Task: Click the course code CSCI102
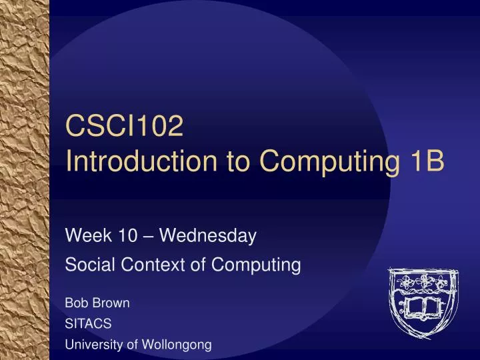(x=125, y=126)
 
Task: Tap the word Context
(x=147, y=265)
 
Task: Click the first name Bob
(x=75, y=303)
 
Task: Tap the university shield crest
(x=421, y=303)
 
